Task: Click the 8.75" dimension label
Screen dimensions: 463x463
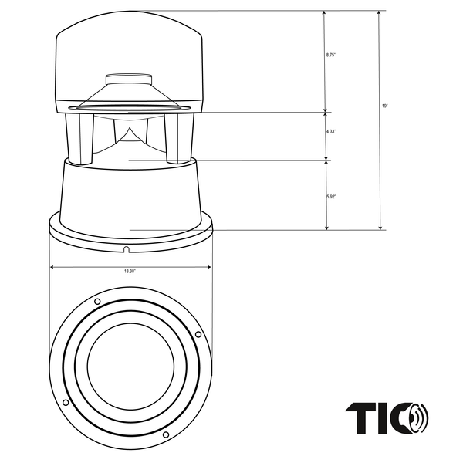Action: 332,56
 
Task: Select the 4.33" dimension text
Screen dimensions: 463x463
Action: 331,132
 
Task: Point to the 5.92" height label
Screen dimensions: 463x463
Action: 331,198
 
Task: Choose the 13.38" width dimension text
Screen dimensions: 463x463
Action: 130,272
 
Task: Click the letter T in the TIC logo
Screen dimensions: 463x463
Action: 358,418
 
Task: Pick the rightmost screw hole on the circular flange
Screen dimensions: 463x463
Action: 198,334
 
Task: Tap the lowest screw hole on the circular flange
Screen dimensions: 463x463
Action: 165,435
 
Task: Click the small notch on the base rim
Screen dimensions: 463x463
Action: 126,248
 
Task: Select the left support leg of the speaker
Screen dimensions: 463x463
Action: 79,137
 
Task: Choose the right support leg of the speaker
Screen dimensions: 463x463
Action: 177,137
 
